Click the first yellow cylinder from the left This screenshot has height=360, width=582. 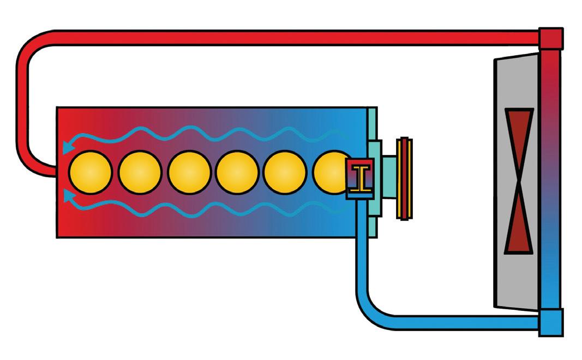tap(91, 172)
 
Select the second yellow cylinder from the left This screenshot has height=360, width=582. tap(140, 172)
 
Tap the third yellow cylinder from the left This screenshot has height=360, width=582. tap(189, 172)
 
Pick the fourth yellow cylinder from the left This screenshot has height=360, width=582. tap(237, 172)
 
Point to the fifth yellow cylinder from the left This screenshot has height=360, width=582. tap(285, 172)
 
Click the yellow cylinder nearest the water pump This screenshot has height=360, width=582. tap(331, 172)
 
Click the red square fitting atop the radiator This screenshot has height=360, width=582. tap(550, 38)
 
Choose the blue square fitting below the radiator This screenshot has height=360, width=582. tap(550, 322)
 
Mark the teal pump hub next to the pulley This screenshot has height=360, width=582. tap(389, 178)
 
